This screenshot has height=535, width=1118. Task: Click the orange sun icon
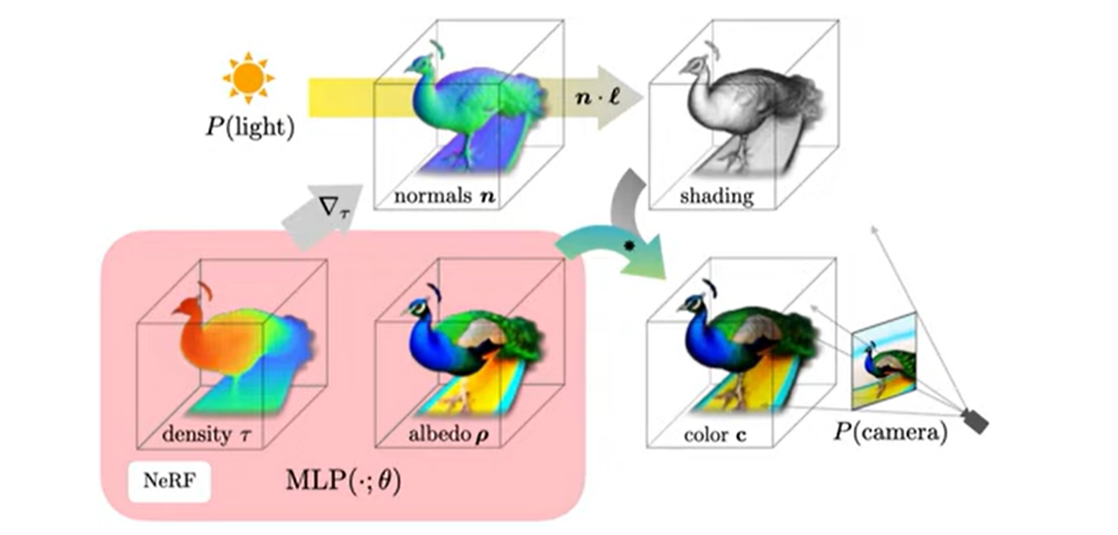click(249, 78)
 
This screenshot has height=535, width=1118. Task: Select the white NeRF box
click(169, 481)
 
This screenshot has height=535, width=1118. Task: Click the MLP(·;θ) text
click(343, 480)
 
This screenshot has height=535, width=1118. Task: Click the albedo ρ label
click(448, 434)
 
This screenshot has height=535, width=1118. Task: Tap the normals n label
click(444, 196)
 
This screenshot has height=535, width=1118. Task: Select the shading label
click(716, 196)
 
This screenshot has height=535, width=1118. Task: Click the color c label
click(715, 435)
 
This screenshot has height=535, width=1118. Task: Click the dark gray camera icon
click(976, 421)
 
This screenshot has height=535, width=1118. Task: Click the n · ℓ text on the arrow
click(597, 97)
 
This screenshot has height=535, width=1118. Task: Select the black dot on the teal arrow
click(629, 246)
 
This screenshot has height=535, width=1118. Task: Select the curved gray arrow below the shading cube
click(625, 199)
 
